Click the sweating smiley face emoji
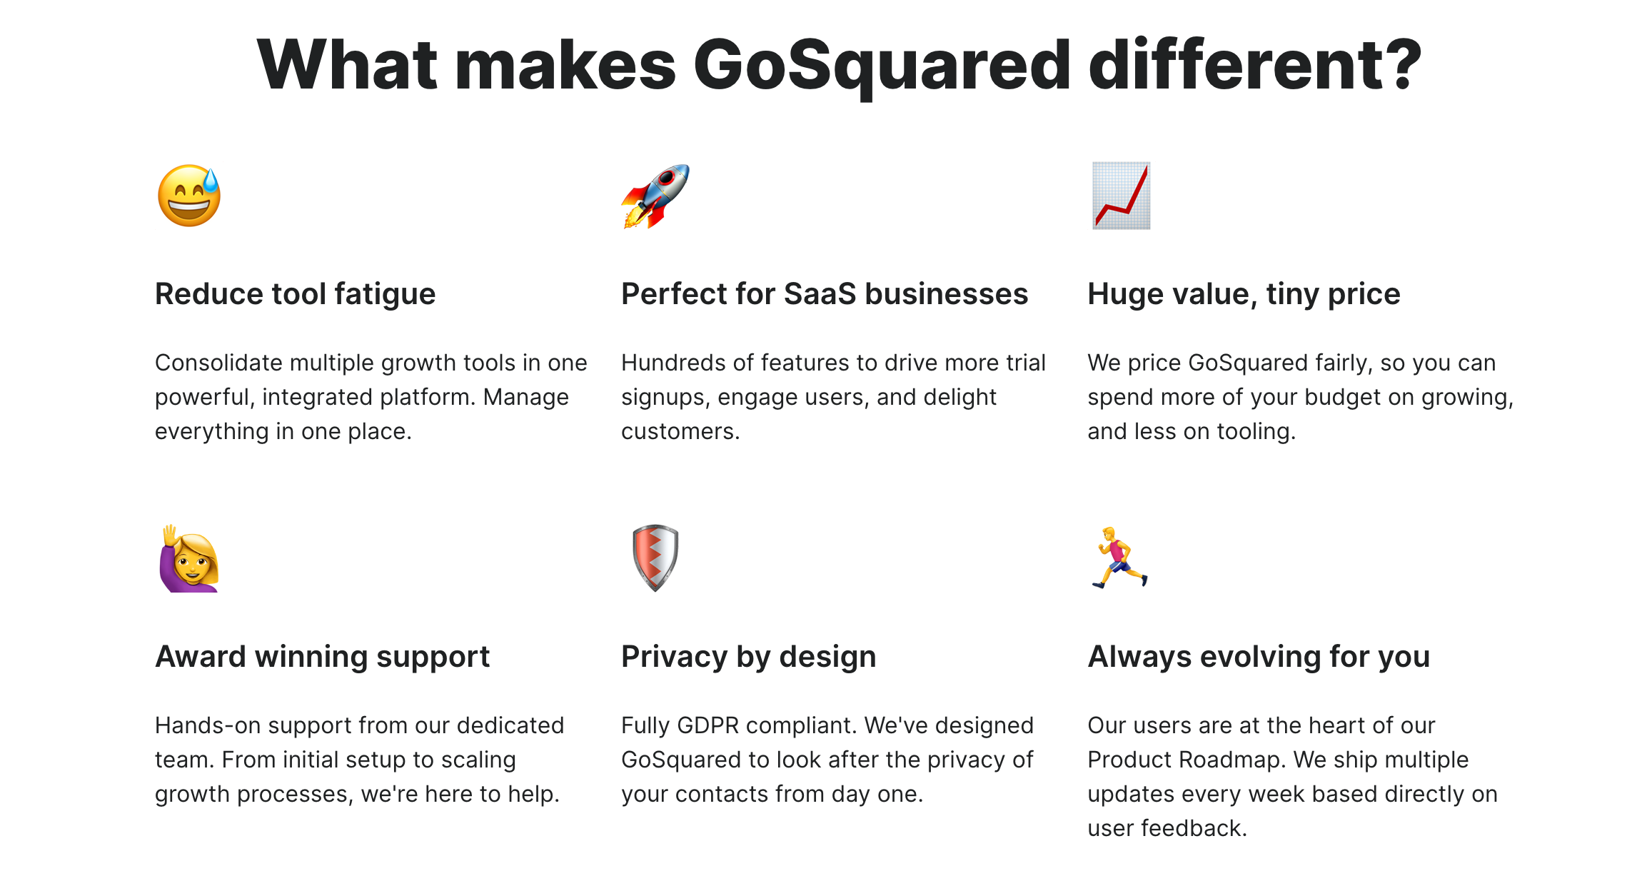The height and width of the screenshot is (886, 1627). coord(189,196)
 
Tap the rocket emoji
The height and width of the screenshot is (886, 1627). coord(655,196)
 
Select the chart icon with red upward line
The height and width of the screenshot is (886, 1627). coord(1121,196)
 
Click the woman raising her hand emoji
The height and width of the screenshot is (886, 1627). coord(189,558)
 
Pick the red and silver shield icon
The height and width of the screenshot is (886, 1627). coord(655,558)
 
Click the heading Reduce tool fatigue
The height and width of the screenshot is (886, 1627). coord(295,294)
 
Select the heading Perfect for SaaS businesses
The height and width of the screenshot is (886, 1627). coord(825,294)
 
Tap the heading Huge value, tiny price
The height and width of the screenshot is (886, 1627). coord(1244,294)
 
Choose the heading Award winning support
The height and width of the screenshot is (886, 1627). coord(323,657)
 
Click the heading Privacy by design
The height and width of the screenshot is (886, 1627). coord(749,657)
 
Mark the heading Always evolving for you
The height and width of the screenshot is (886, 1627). coord(1259,657)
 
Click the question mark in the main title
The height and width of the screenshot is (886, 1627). coord(1401,64)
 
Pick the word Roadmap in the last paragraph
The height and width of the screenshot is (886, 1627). coord(1232,760)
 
